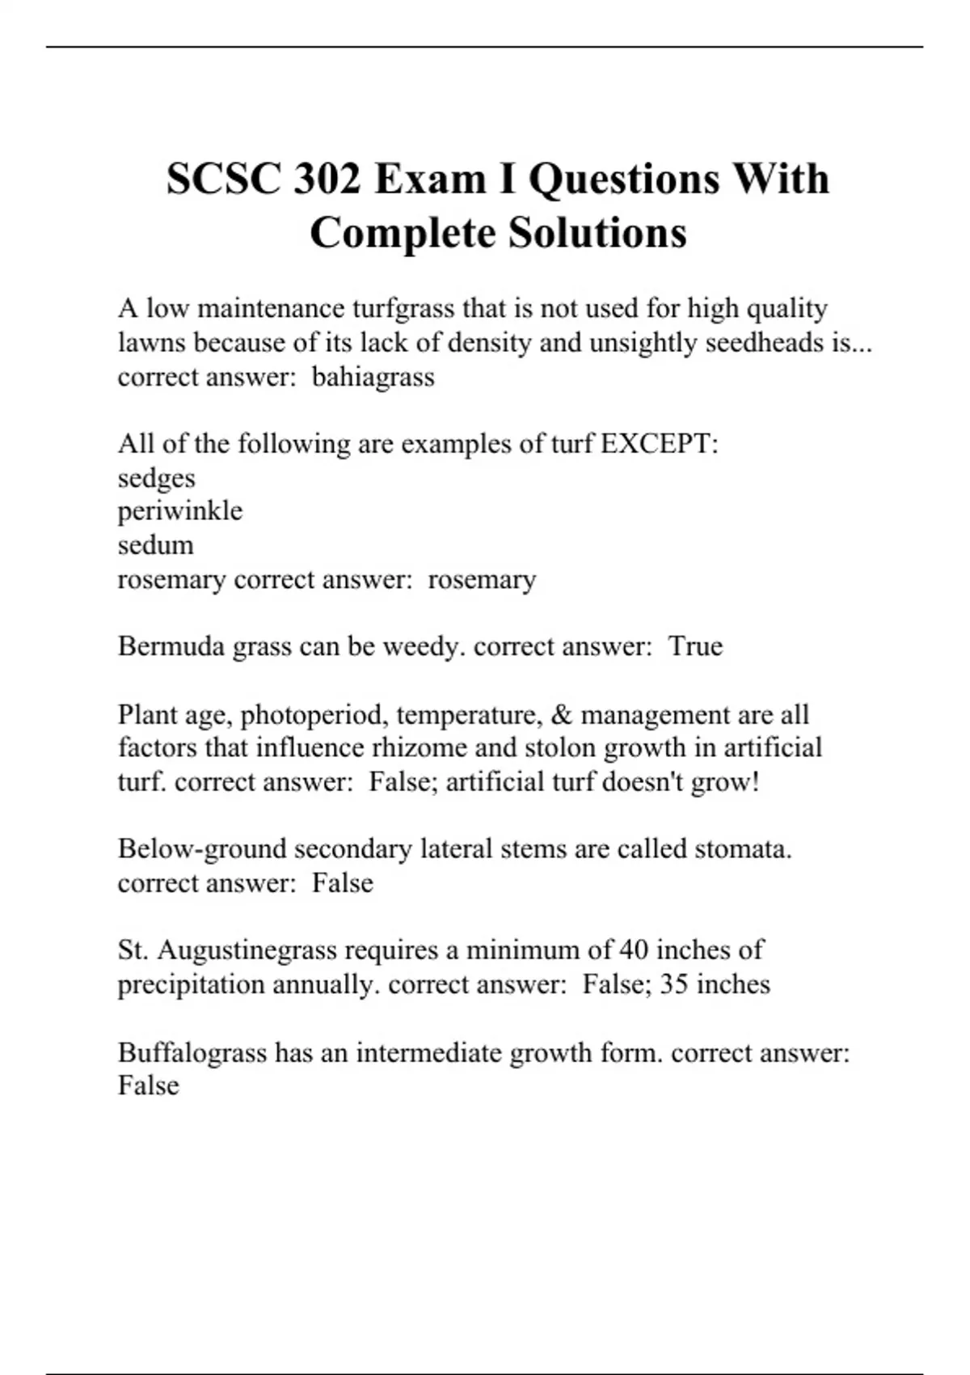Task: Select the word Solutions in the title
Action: click(597, 233)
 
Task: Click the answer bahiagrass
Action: click(373, 377)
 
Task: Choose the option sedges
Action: click(157, 478)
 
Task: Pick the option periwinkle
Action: click(180, 511)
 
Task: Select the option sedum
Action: click(156, 545)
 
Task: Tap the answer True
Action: click(695, 646)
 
